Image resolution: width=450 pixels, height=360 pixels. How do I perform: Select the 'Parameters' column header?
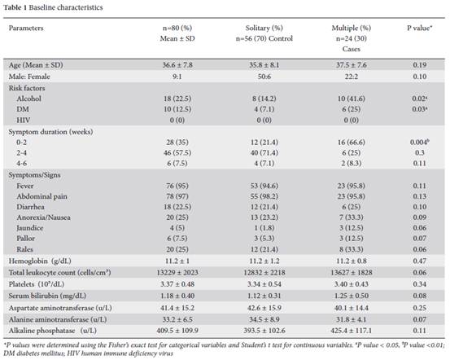pyautogui.click(x=26, y=28)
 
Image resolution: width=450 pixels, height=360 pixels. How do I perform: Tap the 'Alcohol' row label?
pyautogui.click(x=28, y=99)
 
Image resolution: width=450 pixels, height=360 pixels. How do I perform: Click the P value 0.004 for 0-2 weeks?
pyautogui.click(x=420, y=143)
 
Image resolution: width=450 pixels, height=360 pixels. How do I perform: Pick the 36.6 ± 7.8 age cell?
pyautogui.click(x=177, y=65)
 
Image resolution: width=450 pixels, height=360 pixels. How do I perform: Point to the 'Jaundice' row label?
pyautogui.click(x=30, y=228)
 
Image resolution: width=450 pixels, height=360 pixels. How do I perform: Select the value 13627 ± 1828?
pyautogui.click(x=352, y=272)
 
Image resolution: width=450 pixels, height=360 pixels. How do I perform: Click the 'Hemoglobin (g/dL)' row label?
pyautogui.click(x=40, y=261)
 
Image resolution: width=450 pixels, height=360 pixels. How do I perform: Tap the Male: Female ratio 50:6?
pyautogui.click(x=264, y=77)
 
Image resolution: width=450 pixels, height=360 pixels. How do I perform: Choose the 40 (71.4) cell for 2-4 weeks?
pyautogui.click(x=264, y=152)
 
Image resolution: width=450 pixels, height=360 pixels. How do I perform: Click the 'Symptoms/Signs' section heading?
pyautogui.click(x=34, y=175)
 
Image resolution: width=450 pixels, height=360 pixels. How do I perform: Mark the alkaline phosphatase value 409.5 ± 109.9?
pyautogui.click(x=177, y=331)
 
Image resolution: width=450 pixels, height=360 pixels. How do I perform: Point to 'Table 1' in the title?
pyautogui.click(x=15, y=7)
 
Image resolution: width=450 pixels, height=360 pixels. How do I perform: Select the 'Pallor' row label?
pyautogui.click(x=25, y=239)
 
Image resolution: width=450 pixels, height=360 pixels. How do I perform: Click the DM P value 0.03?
pyautogui.click(x=420, y=109)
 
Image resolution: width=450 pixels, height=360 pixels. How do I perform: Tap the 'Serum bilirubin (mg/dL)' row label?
pyautogui.click(x=47, y=296)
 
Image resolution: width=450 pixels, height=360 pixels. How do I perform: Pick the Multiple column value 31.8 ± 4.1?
pyautogui.click(x=352, y=319)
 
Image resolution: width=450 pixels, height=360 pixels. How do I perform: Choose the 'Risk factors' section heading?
pyautogui.click(x=27, y=88)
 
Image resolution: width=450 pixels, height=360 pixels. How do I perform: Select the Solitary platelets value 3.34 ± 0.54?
pyautogui.click(x=264, y=284)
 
